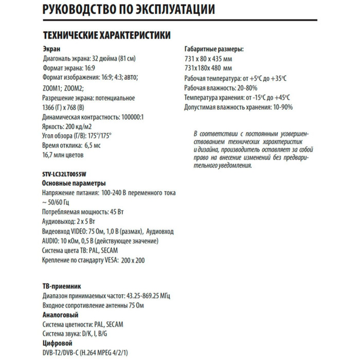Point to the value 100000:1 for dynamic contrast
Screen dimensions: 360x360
point(129,117)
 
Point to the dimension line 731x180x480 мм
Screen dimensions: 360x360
point(208,68)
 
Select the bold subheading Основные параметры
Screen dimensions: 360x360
point(74,184)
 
